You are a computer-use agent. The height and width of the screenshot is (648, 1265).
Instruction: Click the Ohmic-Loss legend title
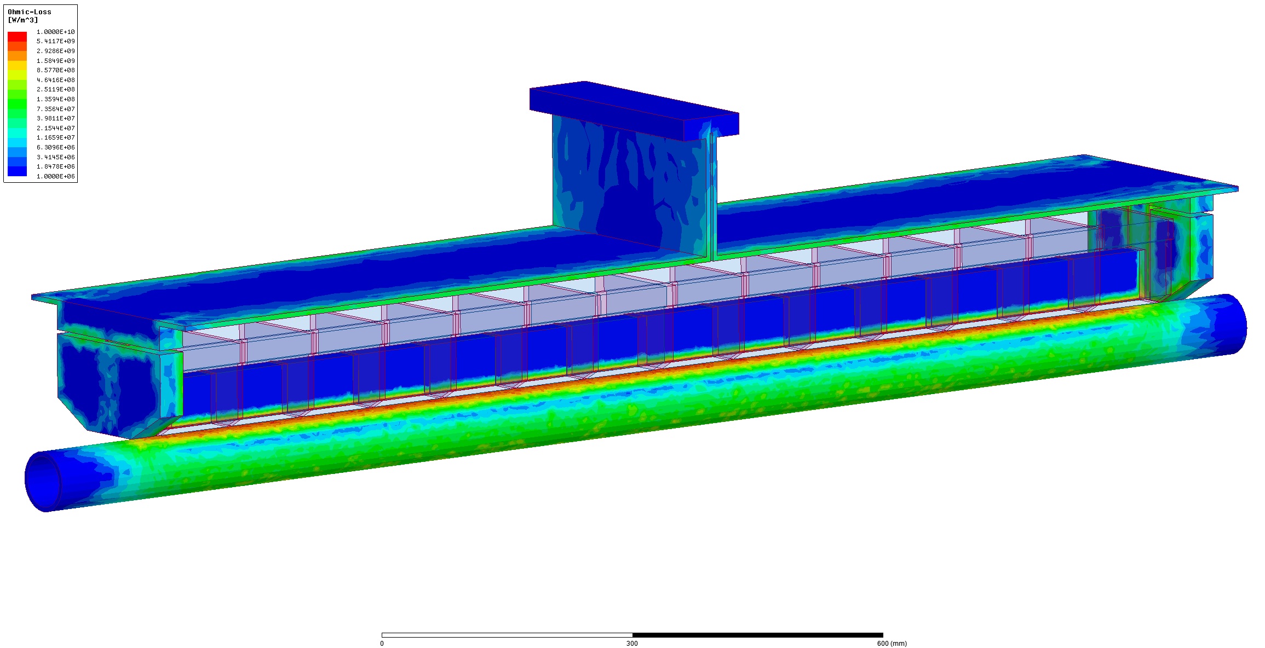click(x=30, y=11)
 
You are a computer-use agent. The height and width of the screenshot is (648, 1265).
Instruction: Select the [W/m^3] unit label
click(x=23, y=20)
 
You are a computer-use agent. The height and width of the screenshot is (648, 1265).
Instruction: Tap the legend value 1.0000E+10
click(x=56, y=32)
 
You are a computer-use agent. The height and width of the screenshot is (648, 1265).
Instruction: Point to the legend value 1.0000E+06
click(x=56, y=176)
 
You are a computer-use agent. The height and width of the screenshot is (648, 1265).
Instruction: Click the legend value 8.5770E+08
click(x=56, y=70)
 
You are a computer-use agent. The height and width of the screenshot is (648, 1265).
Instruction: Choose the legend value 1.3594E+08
click(x=56, y=99)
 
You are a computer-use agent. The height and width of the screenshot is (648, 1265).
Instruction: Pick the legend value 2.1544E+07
click(x=56, y=128)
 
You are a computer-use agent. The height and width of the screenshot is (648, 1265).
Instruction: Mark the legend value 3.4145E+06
click(x=56, y=157)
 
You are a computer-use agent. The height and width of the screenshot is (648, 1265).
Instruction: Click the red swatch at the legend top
click(x=17, y=36)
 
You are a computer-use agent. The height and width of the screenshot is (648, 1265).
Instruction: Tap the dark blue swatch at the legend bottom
click(x=17, y=171)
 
